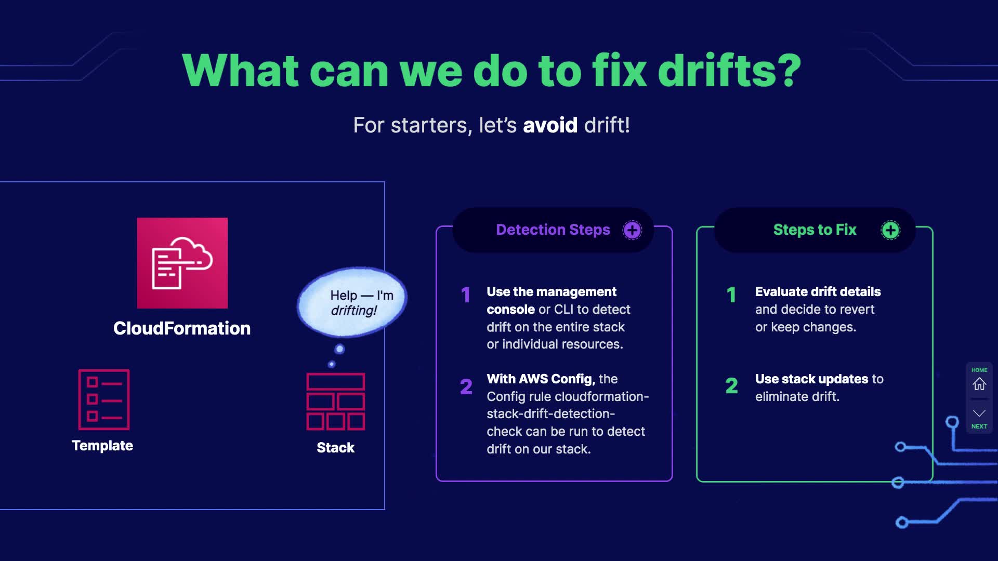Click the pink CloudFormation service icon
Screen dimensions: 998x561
coord(182,263)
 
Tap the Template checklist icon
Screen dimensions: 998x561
coord(103,399)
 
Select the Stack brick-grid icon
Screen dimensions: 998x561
coord(335,402)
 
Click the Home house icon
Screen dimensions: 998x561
coord(979,384)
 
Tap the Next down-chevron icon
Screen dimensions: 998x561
coord(979,413)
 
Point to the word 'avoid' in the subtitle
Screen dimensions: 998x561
coord(550,125)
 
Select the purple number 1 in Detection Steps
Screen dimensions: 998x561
coord(466,295)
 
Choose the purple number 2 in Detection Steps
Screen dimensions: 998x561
coord(466,386)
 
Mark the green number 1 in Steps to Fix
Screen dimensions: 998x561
coord(731,295)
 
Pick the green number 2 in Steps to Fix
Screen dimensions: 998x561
coord(731,385)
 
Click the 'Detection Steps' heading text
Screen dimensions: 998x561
coord(553,230)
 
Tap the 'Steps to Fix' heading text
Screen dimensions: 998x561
coord(815,230)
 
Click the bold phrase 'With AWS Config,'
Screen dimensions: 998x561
coord(541,379)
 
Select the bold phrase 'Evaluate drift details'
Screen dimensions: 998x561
coord(818,291)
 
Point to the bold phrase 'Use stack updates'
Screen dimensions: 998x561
coord(811,379)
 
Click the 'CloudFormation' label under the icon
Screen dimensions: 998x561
coord(182,328)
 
